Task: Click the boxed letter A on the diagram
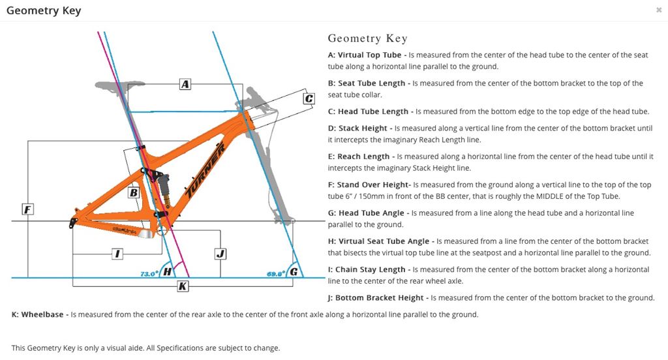[185, 84]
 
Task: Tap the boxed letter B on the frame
[133, 192]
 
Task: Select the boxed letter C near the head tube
[309, 98]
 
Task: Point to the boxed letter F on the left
[27, 209]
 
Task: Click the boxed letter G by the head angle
[294, 271]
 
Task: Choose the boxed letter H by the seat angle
[168, 271]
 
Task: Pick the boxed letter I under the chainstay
[117, 254]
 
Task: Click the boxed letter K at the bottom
[183, 286]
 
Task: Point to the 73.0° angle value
[149, 274]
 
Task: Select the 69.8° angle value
[277, 274]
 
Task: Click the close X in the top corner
[659, 10]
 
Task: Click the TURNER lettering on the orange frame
[206, 170]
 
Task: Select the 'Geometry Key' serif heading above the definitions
[367, 38]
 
